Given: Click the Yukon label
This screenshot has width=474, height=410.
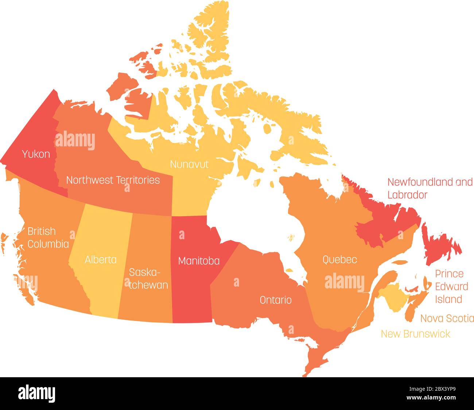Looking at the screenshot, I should [x=36, y=154].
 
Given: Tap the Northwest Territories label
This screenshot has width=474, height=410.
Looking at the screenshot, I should [x=113, y=180].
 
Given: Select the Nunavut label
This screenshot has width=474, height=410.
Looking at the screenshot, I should [x=189, y=164].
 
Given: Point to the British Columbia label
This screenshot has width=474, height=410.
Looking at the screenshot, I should [x=48, y=237].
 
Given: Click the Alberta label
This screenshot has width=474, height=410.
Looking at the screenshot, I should [x=101, y=260].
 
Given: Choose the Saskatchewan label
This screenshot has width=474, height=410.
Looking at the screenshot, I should [x=148, y=279].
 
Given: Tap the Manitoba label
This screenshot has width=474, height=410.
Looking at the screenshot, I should [x=199, y=261].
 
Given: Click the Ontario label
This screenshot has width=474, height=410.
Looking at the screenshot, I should [x=275, y=300].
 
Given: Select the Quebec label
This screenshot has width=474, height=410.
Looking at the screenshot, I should [x=339, y=260].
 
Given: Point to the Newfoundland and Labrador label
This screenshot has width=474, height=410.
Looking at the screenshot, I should [x=430, y=188].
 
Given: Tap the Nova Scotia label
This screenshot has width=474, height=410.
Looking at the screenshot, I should [x=447, y=318].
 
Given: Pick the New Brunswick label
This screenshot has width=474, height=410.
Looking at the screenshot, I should [x=415, y=334].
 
